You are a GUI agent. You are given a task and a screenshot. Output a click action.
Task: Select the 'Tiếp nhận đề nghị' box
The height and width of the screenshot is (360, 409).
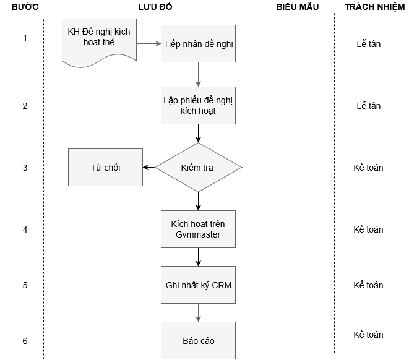(198, 44)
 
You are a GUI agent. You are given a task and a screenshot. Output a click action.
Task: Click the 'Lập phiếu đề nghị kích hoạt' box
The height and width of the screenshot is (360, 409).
(198, 105)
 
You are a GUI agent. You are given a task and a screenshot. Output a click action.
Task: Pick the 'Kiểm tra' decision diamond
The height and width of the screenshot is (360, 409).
(198, 168)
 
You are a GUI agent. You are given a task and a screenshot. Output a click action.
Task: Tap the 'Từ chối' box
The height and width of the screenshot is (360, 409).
(105, 168)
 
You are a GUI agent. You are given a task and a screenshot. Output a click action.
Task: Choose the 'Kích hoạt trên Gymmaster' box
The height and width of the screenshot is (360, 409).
(198, 229)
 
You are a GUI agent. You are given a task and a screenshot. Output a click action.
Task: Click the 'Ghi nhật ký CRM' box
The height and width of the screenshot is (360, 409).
(198, 285)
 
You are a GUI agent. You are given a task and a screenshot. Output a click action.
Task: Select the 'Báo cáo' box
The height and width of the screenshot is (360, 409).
(198, 340)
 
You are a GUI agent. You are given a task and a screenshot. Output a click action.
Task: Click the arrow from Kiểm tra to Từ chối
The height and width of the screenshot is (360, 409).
(149, 168)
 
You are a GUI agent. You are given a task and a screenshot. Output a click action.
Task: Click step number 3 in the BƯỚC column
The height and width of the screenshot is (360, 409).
(25, 168)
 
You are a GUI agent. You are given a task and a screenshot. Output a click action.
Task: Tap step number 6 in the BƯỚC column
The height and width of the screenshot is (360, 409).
(25, 341)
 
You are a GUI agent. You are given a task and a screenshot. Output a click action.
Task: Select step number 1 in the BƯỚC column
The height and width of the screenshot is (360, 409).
(25, 38)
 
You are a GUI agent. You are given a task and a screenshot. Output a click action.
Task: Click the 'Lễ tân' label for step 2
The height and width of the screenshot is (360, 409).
(368, 106)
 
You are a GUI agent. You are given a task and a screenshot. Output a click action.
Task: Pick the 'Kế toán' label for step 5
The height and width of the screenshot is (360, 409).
(368, 285)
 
